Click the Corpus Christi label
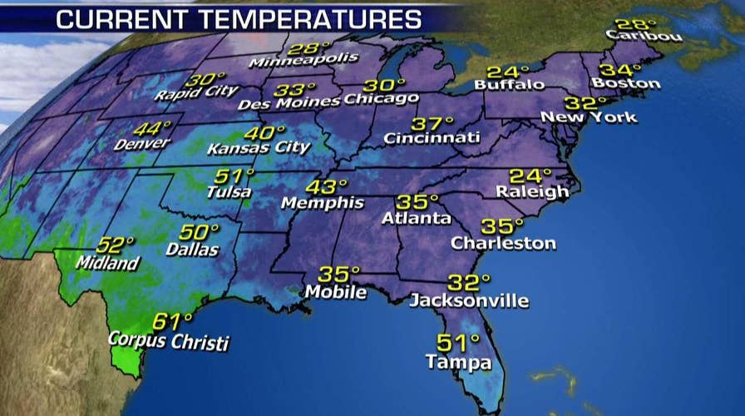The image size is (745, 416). point(169,341)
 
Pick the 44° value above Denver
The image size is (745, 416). point(152,129)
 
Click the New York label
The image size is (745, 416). point(589,117)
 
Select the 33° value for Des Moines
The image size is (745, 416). point(297,89)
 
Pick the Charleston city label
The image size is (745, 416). point(503,244)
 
